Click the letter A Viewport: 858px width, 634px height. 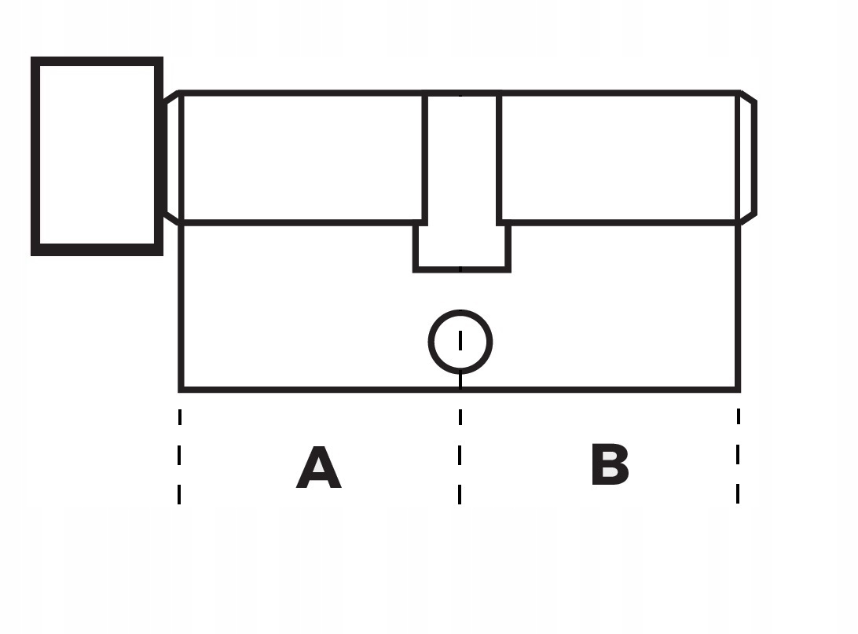tap(318, 469)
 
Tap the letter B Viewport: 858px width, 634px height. tap(610, 466)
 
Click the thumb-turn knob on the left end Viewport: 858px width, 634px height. tap(97, 156)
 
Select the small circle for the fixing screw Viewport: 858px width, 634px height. tap(460, 342)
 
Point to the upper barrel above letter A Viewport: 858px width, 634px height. tap(302, 157)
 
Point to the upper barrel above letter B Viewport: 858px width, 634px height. tap(619, 157)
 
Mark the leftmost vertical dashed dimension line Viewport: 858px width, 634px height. tap(180, 456)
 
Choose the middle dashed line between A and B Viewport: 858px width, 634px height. tap(460, 456)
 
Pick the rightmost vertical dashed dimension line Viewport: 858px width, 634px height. tap(738, 456)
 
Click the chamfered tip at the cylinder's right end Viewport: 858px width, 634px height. tap(747, 157)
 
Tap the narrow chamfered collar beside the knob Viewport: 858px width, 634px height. tap(172, 157)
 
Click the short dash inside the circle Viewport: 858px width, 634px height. tap(460, 340)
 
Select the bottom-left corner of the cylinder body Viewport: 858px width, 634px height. tap(181, 388)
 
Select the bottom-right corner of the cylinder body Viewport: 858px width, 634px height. tap(737, 388)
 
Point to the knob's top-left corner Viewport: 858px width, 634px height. tap(35, 61)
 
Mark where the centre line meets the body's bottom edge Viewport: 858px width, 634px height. tap(460, 388)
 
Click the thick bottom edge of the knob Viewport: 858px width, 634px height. tap(97, 250)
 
